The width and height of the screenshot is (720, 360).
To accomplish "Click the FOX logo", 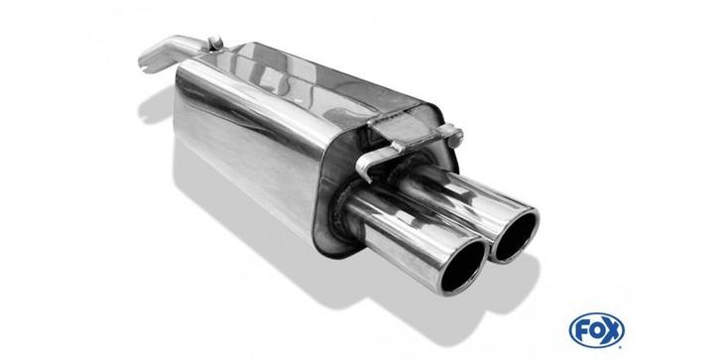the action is pos(596,329).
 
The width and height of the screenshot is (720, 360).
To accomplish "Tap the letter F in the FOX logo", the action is pos(582,330).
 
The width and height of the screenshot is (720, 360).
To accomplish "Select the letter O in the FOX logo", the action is pos(597,330).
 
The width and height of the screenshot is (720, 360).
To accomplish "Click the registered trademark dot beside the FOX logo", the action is pos(621,345).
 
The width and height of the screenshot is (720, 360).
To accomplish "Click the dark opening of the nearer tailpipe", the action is pos(463,267).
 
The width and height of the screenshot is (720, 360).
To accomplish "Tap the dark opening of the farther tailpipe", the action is pos(516,237).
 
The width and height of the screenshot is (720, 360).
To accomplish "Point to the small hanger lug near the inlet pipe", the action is pos(215,43).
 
